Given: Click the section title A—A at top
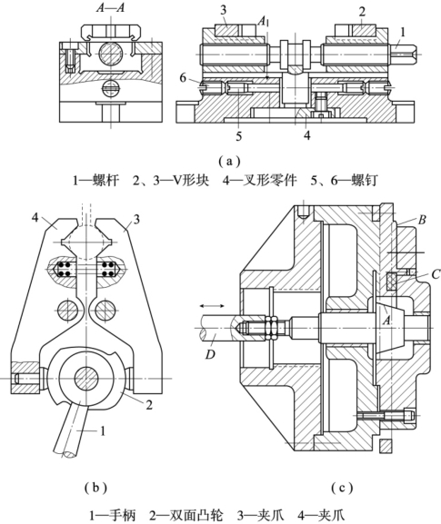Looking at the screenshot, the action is (x=110, y=7).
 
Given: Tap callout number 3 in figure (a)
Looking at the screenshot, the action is (x=223, y=10).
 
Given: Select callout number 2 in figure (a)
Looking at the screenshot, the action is (x=362, y=12).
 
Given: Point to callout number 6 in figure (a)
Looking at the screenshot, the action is (x=183, y=78).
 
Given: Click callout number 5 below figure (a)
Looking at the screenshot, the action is (x=238, y=136).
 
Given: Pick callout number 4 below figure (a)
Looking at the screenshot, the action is (x=306, y=135).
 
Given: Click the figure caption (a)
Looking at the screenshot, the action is (x=229, y=162).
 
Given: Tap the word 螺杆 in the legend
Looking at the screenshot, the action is (x=106, y=181).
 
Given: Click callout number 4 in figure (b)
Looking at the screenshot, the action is (x=35, y=219).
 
